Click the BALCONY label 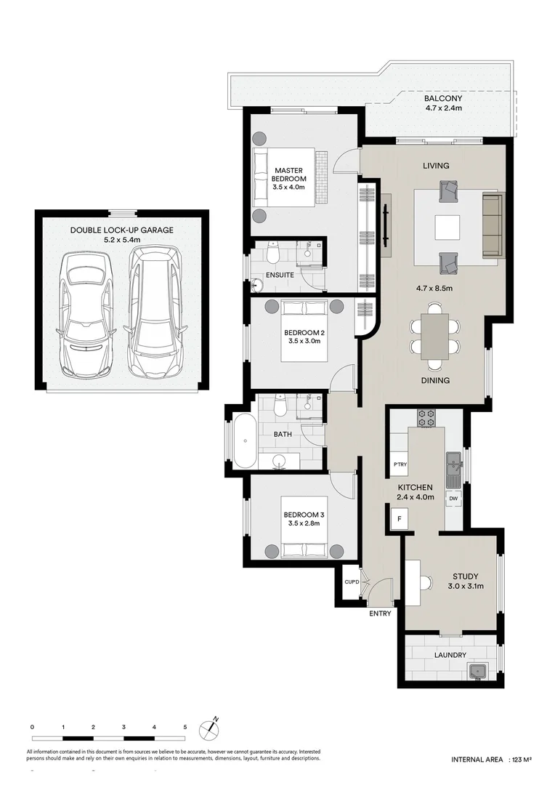443,99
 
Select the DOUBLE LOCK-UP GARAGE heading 121,230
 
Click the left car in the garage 85,314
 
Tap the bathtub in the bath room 243,441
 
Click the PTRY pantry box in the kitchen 399,464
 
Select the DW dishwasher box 453,498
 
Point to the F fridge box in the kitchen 397,519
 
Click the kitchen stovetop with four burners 426,418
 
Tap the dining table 435,337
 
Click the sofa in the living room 493,225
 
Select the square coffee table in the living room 447,228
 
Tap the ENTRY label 380,613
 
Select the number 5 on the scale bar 185,727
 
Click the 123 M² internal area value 521,760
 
